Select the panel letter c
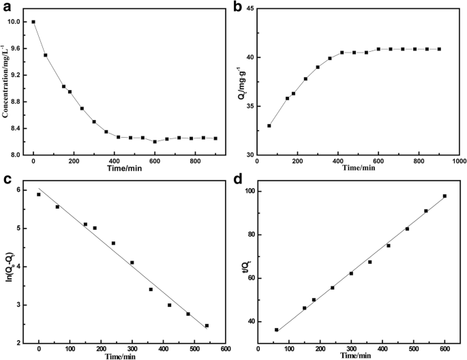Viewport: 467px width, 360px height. (x=6, y=180)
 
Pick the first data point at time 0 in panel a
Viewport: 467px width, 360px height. (x=33, y=22)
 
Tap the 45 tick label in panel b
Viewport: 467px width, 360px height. (x=250, y=9)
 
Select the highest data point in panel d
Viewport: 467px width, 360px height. (x=445, y=196)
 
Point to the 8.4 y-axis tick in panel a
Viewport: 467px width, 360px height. (x=18, y=128)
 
